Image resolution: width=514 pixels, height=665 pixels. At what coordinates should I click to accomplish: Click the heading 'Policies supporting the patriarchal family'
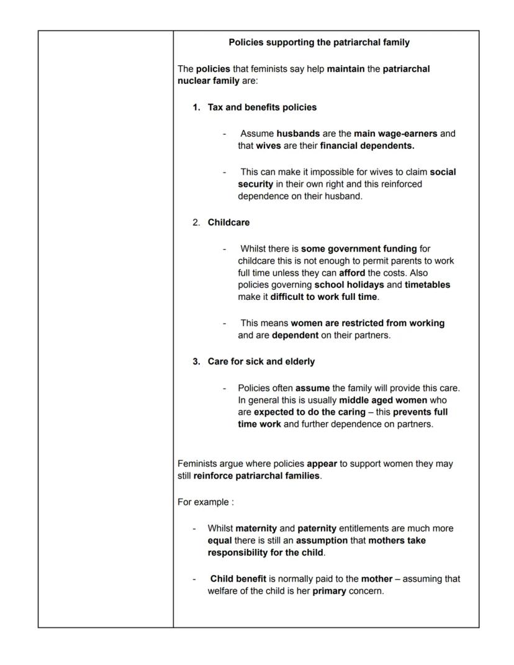[x=319, y=43]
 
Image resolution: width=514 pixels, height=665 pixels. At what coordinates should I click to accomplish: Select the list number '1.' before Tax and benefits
[x=196, y=107]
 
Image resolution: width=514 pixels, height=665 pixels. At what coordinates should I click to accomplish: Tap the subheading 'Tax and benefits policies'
[x=262, y=107]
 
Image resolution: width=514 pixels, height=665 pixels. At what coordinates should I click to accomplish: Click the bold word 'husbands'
[x=298, y=133]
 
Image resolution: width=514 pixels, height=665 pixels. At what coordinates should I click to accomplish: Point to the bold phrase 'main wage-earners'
[x=395, y=133]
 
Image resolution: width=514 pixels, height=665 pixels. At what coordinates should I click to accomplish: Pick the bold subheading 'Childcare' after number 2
[x=228, y=222]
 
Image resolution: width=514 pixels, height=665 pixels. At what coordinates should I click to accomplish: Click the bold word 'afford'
[x=351, y=273]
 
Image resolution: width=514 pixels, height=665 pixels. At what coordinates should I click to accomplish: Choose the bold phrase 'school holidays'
[x=349, y=285]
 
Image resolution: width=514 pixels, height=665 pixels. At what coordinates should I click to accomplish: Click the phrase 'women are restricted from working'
[x=367, y=323]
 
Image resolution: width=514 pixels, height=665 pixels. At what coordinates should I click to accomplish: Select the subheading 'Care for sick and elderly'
[x=261, y=361]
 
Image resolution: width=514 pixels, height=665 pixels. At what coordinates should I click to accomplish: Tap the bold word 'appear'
[x=321, y=464]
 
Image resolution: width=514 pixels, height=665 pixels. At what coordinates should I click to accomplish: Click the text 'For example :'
[x=205, y=502]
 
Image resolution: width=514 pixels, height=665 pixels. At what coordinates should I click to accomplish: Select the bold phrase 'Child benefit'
[x=238, y=579]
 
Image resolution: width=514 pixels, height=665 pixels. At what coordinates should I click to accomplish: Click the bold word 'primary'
[x=329, y=591]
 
